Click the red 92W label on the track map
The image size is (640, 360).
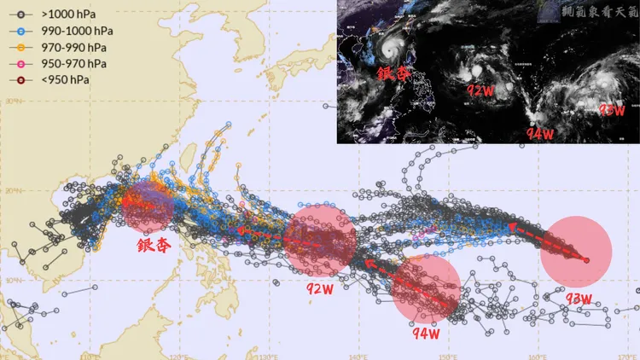pos(319,287)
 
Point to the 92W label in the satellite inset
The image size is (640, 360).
pos(481,90)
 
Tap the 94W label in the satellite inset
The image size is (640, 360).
pos(540,133)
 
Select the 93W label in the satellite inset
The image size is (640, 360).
pos(611,110)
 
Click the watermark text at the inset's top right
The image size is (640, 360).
pos(601,11)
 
